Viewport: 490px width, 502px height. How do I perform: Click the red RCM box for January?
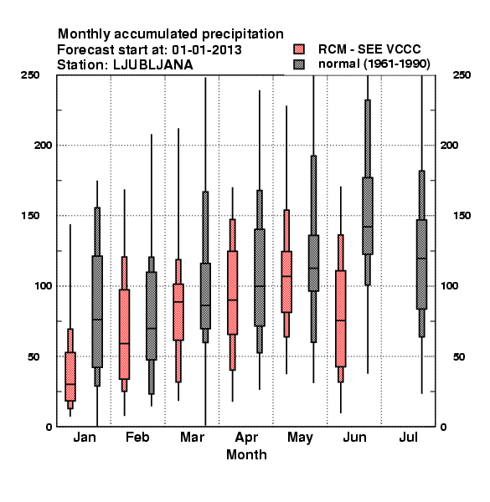(x=70, y=376)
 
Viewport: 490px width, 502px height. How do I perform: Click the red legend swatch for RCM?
(x=299, y=49)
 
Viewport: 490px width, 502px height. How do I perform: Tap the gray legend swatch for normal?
(x=299, y=64)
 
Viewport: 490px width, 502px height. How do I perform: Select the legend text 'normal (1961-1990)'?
(x=374, y=64)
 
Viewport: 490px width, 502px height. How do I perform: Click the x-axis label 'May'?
(x=300, y=438)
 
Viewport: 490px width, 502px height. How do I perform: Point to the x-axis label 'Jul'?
(x=408, y=437)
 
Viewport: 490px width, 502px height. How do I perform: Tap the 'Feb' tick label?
(x=137, y=437)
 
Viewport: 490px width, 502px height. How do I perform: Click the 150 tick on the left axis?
(x=30, y=216)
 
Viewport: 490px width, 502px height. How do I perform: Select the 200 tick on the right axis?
(x=449, y=146)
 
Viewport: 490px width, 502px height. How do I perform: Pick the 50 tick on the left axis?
(x=34, y=356)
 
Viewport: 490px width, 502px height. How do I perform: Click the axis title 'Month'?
(x=246, y=454)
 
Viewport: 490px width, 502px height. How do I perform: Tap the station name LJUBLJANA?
(x=153, y=65)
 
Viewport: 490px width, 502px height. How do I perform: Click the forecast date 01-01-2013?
(x=207, y=49)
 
